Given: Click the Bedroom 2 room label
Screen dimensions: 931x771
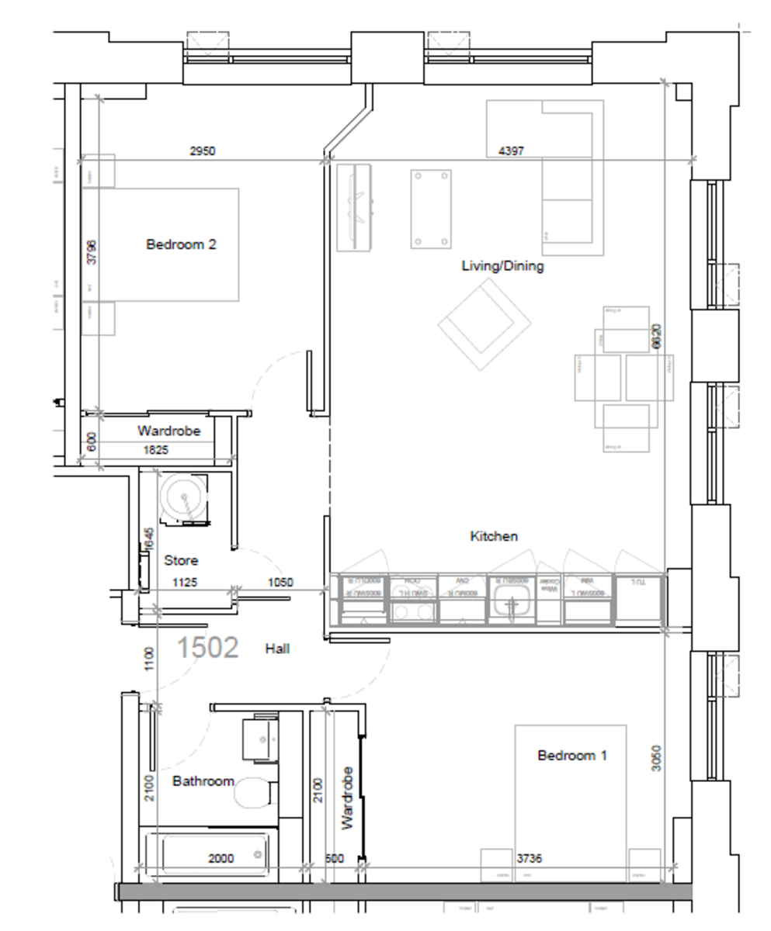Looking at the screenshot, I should pyautogui.click(x=181, y=244).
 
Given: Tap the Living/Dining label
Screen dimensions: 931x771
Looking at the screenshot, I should pyautogui.click(x=502, y=266).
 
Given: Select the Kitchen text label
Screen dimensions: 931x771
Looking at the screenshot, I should pyautogui.click(x=494, y=536).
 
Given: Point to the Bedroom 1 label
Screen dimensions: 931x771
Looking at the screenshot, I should pyautogui.click(x=572, y=755).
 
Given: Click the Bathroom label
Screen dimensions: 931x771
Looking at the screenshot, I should pyautogui.click(x=203, y=780).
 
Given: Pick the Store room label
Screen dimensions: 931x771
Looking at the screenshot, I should pyautogui.click(x=180, y=560).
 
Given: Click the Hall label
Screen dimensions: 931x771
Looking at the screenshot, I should pyautogui.click(x=277, y=649).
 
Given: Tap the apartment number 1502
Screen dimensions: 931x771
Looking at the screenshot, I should pyautogui.click(x=207, y=647).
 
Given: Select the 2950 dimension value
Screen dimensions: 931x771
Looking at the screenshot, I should pyautogui.click(x=202, y=151).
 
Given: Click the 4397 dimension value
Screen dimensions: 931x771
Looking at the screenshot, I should pyautogui.click(x=510, y=151).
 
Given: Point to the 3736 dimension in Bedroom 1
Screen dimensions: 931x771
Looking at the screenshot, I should pyautogui.click(x=530, y=859).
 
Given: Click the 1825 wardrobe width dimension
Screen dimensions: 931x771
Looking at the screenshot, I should pyautogui.click(x=155, y=450).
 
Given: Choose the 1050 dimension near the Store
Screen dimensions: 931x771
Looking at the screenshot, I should pyautogui.click(x=280, y=582).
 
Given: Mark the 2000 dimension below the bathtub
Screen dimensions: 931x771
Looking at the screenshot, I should pyautogui.click(x=221, y=859).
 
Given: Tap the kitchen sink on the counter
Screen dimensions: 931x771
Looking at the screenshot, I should pyautogui.click(x=510, y=604).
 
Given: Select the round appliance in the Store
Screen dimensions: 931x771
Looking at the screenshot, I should pyautogui.click(x=184, y=497).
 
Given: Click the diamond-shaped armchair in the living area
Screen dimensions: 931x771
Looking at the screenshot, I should pyautogui.click(x=484, y=324).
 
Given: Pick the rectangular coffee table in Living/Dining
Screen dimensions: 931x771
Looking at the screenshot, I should pyautogui.click(x=431, y=209).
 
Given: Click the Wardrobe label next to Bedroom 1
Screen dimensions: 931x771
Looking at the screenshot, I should pyautogui.click(x=348, y=798).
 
